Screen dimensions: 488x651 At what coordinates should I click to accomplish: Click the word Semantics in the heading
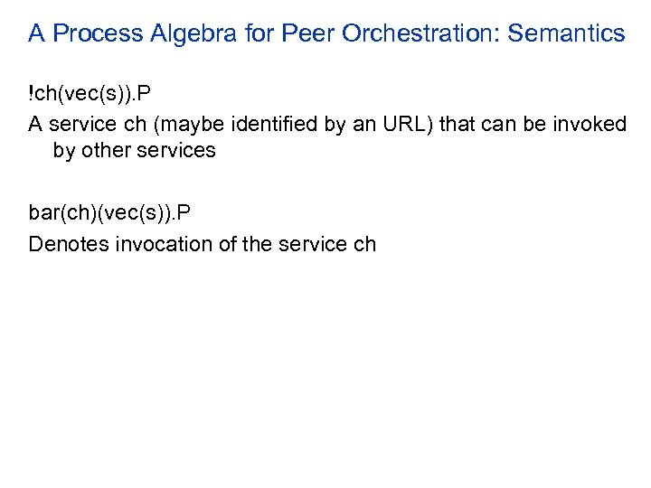click(566, 34)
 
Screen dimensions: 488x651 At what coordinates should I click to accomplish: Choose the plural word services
click(179, 151)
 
